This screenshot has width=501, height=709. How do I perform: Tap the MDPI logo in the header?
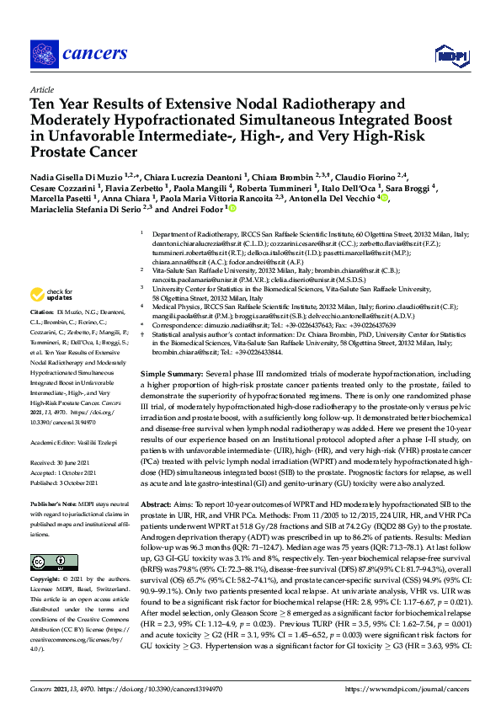coord(451,56)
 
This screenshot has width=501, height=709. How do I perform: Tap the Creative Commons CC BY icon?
coord(43,562)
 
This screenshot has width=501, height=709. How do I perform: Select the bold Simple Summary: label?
coord(172,372)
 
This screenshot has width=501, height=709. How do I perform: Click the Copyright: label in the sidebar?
coord(47,581)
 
